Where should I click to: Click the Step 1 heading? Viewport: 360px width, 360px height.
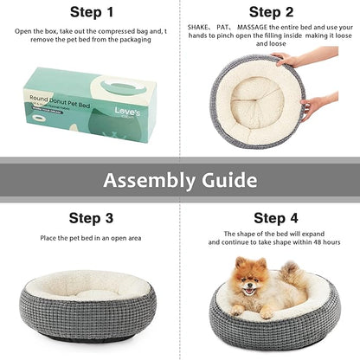91,12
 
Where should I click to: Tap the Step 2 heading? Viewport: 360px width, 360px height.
271,12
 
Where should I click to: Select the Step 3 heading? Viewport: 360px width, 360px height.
91,218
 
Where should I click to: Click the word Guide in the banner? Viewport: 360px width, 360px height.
228,180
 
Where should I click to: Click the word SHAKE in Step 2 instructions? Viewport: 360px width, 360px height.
201,28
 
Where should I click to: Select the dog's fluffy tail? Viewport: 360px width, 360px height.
292,279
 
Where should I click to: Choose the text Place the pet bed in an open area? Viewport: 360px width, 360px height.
91,238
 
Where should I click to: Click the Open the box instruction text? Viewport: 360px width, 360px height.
91,35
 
